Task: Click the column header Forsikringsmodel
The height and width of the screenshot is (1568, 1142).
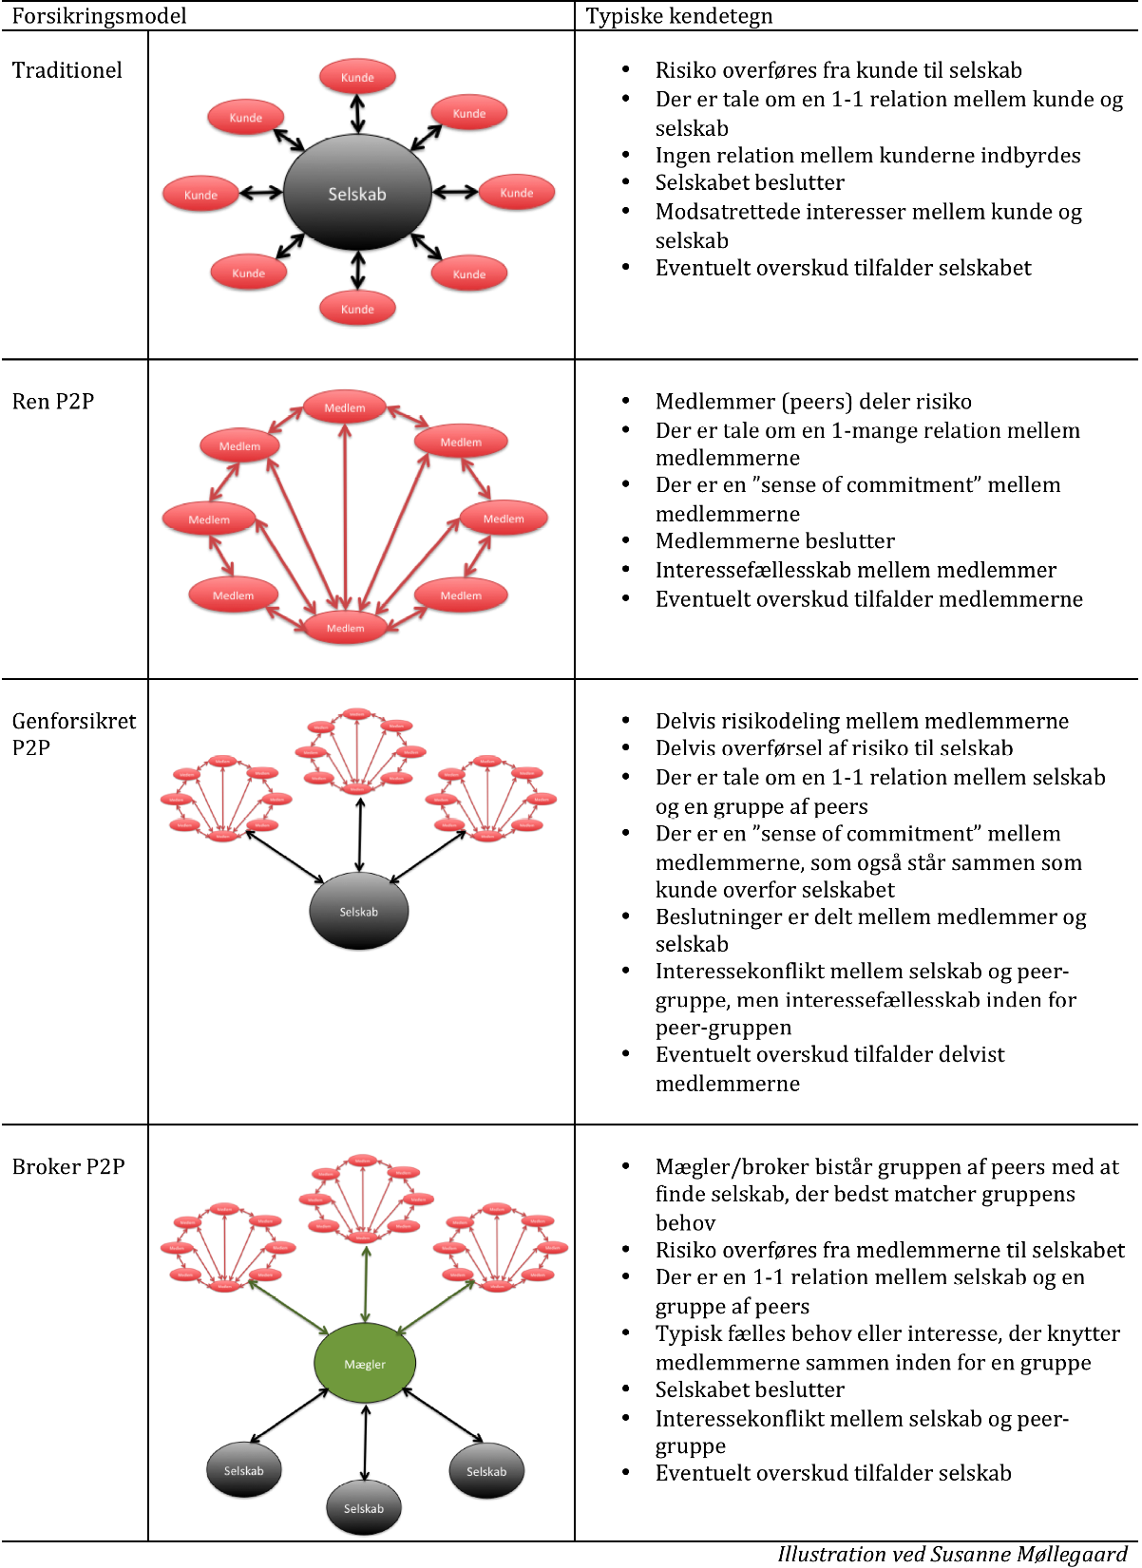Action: point(99,16)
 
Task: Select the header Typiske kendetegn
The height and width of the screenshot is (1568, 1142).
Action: point(678,16)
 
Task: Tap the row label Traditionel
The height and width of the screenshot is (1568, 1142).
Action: point(67,70)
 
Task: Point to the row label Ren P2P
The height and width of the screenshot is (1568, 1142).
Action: point(53,402)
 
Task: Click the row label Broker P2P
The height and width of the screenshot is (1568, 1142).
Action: point(68,1166)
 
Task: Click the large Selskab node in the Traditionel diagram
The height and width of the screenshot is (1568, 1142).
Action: point(357,194)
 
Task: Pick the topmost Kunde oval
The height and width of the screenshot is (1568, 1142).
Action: point(357,77)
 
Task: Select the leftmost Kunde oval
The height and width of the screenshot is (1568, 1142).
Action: point(200,195)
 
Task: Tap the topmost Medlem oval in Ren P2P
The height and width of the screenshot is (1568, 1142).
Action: point(345,407)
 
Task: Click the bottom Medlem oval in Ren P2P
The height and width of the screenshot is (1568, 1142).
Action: point(345,628)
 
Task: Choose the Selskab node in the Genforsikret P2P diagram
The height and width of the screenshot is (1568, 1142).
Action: point(359,912)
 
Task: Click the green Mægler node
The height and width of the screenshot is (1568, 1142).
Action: point(365,1364)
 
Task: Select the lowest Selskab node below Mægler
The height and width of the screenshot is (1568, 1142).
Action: point(364,1508)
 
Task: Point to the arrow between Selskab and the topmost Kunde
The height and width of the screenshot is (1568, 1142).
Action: point(357,114)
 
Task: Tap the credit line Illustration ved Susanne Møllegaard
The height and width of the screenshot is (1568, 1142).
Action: point(952,1554)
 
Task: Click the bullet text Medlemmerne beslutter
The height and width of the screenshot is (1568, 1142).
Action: point(774,541)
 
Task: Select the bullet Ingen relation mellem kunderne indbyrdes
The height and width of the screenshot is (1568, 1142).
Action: point(867,156)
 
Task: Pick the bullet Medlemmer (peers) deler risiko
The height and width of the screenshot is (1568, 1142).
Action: point(813,402)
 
